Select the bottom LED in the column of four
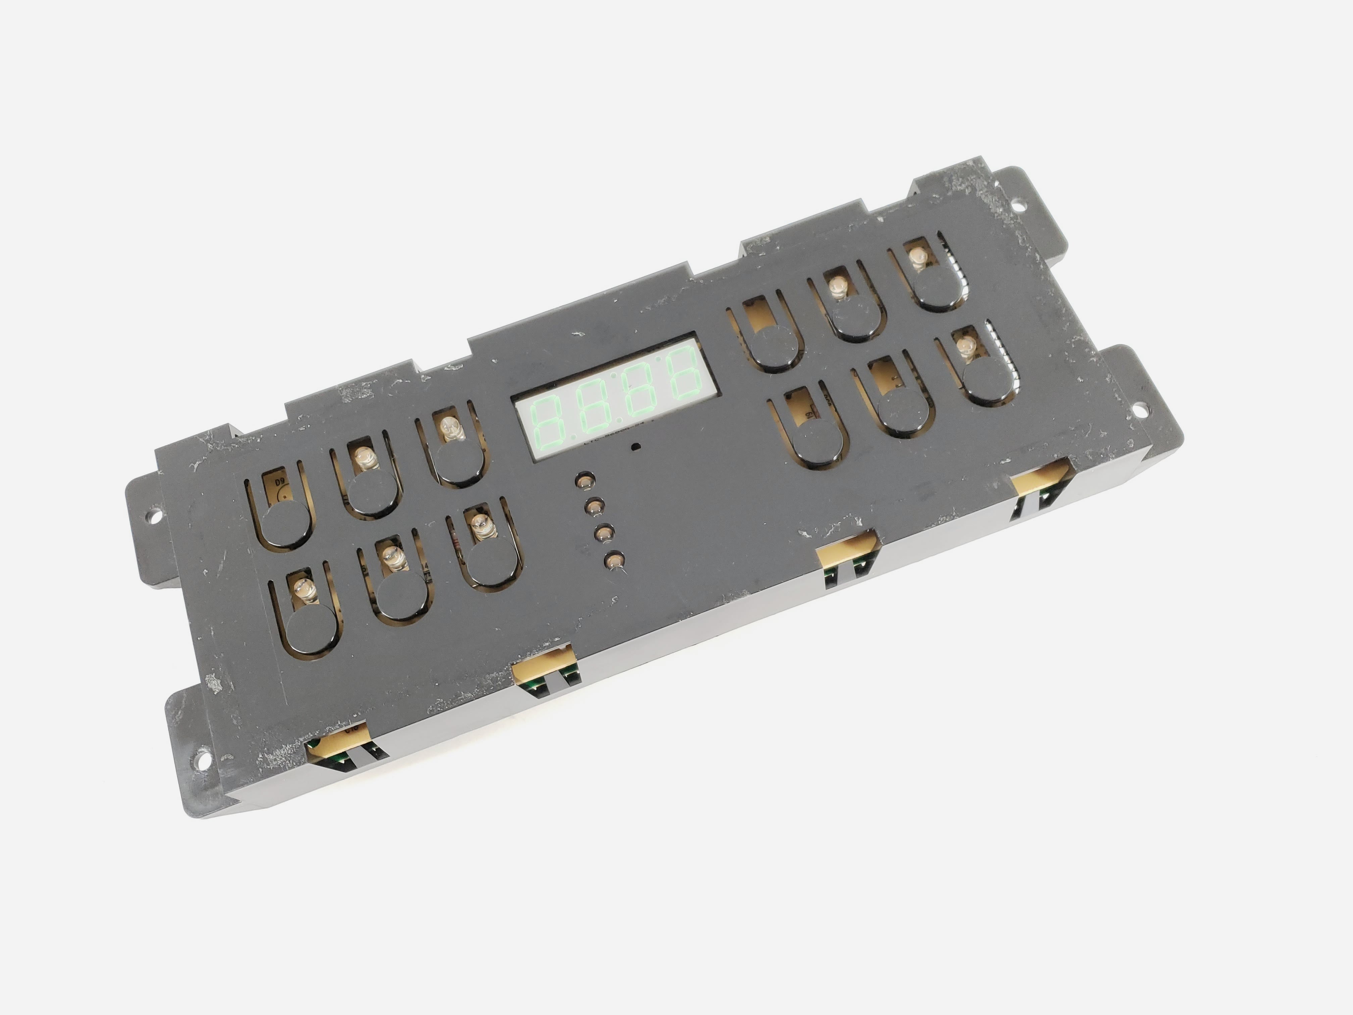pos(615,559)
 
